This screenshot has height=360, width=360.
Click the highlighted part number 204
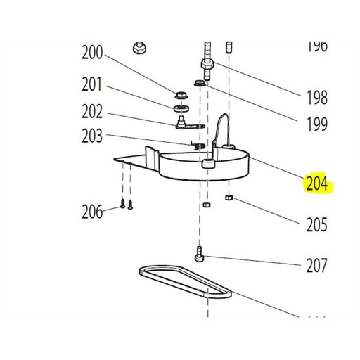coord(317,184)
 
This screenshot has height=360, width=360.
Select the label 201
coord(92,85)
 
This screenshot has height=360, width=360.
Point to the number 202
coord(92,111)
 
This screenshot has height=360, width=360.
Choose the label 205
coord(317,225)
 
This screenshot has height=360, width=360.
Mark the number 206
coord(92,211)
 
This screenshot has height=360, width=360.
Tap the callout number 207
coord(317,266)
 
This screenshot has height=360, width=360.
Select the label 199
coord(317,125)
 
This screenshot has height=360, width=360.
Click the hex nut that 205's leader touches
coord(230,198)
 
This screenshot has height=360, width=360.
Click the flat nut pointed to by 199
coord(199,84)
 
